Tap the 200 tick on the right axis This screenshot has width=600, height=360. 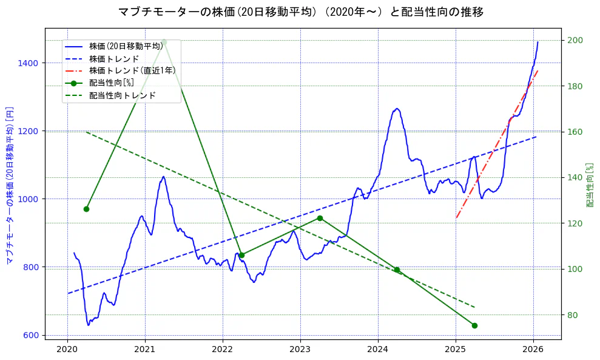tap(575, 40)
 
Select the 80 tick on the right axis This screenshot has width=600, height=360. tap(573, 315)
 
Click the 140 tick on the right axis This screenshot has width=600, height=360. tap(575, 177)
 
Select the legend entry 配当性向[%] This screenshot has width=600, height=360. tap(112, 83)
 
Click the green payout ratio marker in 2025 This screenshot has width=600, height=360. tap(474, 325)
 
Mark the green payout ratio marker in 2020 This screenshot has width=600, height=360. tap(86, 209)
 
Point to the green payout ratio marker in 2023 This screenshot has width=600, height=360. tap(320, 218)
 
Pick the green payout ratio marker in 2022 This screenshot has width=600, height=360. tap(241, 255)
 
